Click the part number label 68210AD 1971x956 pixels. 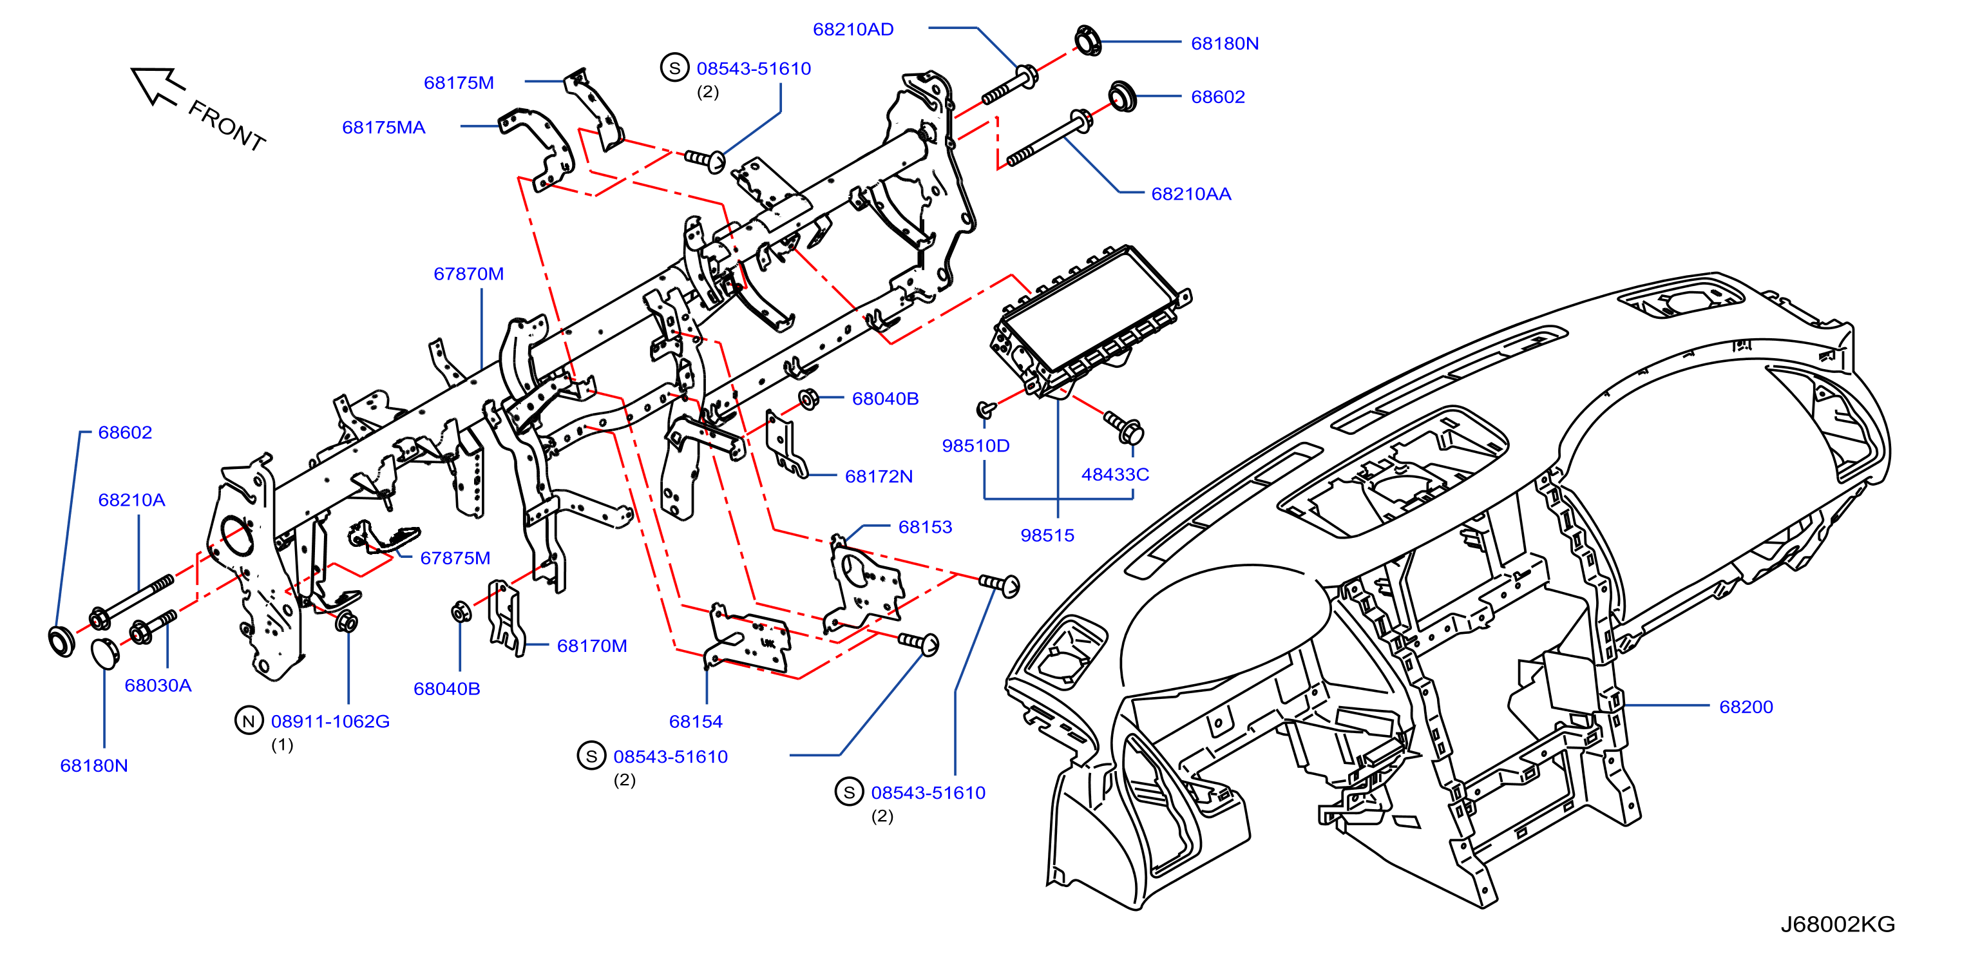click(852, 29)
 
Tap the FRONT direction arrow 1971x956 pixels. click(158, 85)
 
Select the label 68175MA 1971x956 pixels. click(383, 127)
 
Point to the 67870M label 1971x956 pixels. click(468, 273)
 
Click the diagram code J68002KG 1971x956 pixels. click(1838, 924)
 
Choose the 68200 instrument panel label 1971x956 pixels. click(1746, 707)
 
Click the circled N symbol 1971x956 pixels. click(249, 721)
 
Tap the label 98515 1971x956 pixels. click(1047, 535)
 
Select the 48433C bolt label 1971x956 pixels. click(1115, 473)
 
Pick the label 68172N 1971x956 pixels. click(879, 476)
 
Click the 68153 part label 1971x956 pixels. click(925, 526)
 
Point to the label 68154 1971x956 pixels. click(696, 721)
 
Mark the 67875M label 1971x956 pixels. click(455, 558)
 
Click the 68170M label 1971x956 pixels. click(591, 646)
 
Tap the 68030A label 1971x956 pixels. click(158, 685)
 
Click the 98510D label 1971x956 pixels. click(976, 446)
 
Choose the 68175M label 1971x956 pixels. click(459, 82)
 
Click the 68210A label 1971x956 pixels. click(131, 500)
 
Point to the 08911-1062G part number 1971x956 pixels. click(330, 721)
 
